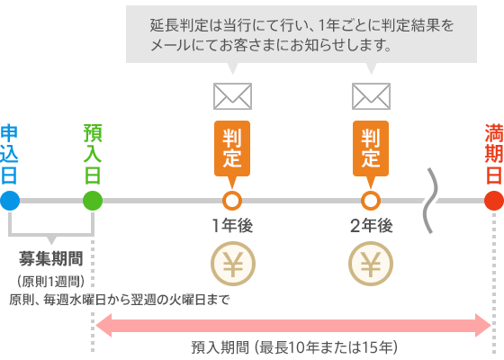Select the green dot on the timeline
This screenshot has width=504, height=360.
[x=93, y=200]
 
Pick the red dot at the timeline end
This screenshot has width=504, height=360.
[x=493, y=200]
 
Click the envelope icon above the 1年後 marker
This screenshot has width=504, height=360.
[x=232, y=96]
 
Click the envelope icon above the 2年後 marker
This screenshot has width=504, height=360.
[x=371, y=96]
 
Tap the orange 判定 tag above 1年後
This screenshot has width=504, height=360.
[x=232, y=148]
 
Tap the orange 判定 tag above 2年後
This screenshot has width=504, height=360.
[x=371, y=148]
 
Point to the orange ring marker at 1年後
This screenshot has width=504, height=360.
[x=232, y=200]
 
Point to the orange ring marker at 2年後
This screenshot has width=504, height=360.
[x=371, y=200]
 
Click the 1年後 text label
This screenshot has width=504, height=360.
[x=232, y=225]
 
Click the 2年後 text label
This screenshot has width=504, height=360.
[x=371, y=225]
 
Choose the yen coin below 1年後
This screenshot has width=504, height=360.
[x=232, y=265]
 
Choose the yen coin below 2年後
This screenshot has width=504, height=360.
[x=371, y=265]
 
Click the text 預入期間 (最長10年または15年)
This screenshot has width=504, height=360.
[x=293, y=346]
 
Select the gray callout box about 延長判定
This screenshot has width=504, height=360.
[x=301, y=33]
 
